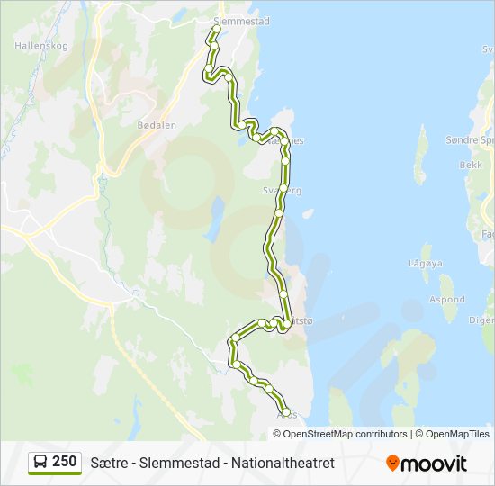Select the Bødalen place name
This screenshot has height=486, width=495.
[x=156, y=125]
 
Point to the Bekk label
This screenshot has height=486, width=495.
[x=472, y=165]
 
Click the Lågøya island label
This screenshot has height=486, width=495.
[x=426, y=264]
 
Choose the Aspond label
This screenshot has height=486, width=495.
[x=446, y=300]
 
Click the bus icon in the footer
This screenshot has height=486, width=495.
[x=40, y=463]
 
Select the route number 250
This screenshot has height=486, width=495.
[x=64, y=462]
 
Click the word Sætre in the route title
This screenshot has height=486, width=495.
[x=109, y=463]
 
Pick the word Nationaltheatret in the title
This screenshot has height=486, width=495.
[x=283, y=463]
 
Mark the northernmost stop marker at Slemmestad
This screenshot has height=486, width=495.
[x=216, y=30]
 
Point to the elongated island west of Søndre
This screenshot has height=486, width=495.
[x=419, y=155]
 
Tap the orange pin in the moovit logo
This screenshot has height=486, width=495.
[x=392, y=463]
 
